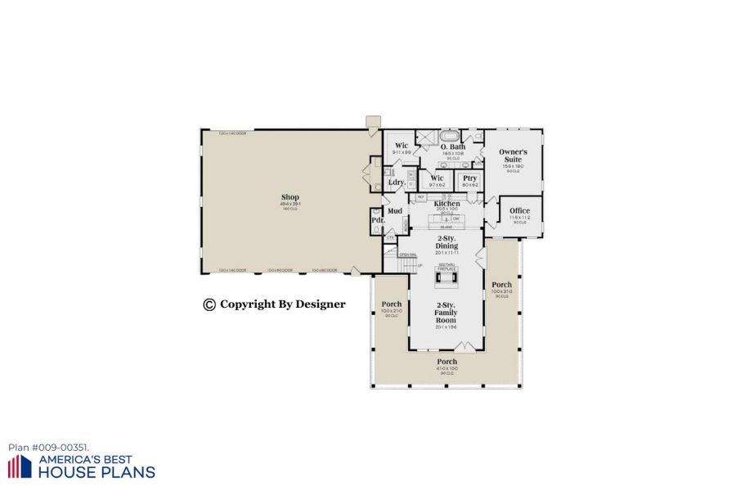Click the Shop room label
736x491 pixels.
point(289,197)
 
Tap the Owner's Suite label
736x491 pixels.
point(514,155)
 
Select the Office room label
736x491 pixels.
point(519,210)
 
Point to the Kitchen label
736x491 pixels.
point(447,203)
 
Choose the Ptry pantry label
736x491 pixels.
point(469,178)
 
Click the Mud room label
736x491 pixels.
point(395,210)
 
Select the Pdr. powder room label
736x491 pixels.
point(378,220)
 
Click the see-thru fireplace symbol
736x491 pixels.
point(447,279)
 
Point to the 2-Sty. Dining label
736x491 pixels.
point(447,242)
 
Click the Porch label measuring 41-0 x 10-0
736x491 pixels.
point(447,362)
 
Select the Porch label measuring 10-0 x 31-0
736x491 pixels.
point(501,286)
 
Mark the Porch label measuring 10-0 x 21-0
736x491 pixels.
point(391,304)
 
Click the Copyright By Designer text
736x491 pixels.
point(274,304)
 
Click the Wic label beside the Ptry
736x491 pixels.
point(437,178)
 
